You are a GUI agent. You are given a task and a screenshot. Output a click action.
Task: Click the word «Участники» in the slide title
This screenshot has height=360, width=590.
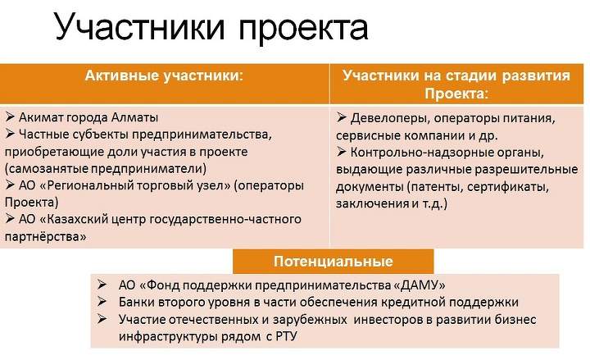(x=140, y=26)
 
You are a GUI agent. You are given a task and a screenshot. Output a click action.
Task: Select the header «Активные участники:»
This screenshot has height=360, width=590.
(x=164, y=75)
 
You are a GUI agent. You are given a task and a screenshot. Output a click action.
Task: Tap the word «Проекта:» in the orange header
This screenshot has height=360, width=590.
(x=456, y=93)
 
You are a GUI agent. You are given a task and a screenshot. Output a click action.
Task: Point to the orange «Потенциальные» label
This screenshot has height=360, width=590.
(x=333, y=262)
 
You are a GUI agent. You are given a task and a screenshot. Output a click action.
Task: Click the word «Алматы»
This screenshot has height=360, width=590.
(x=134, y=117)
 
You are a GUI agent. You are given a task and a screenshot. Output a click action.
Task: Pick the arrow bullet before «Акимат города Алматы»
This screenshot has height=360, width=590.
(x=10, y=116)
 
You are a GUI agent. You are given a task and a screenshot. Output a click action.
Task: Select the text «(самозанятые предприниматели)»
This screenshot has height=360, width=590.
(x=106, y=168)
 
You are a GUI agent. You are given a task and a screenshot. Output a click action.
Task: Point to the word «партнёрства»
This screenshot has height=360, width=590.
(x=42, y=236)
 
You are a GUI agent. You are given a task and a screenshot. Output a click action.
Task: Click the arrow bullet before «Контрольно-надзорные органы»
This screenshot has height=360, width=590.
(x=341, y=152)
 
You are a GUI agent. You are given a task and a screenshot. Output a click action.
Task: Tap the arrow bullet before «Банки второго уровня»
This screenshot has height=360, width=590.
(x=102, y=301)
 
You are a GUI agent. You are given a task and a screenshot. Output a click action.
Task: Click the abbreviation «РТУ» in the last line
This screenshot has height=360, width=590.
(x=286, y=336)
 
